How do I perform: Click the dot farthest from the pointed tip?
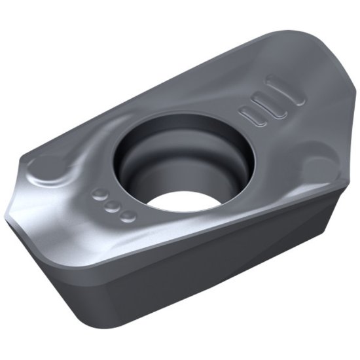tap(128, 215)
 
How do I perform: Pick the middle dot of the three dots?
tap(113, 206)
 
